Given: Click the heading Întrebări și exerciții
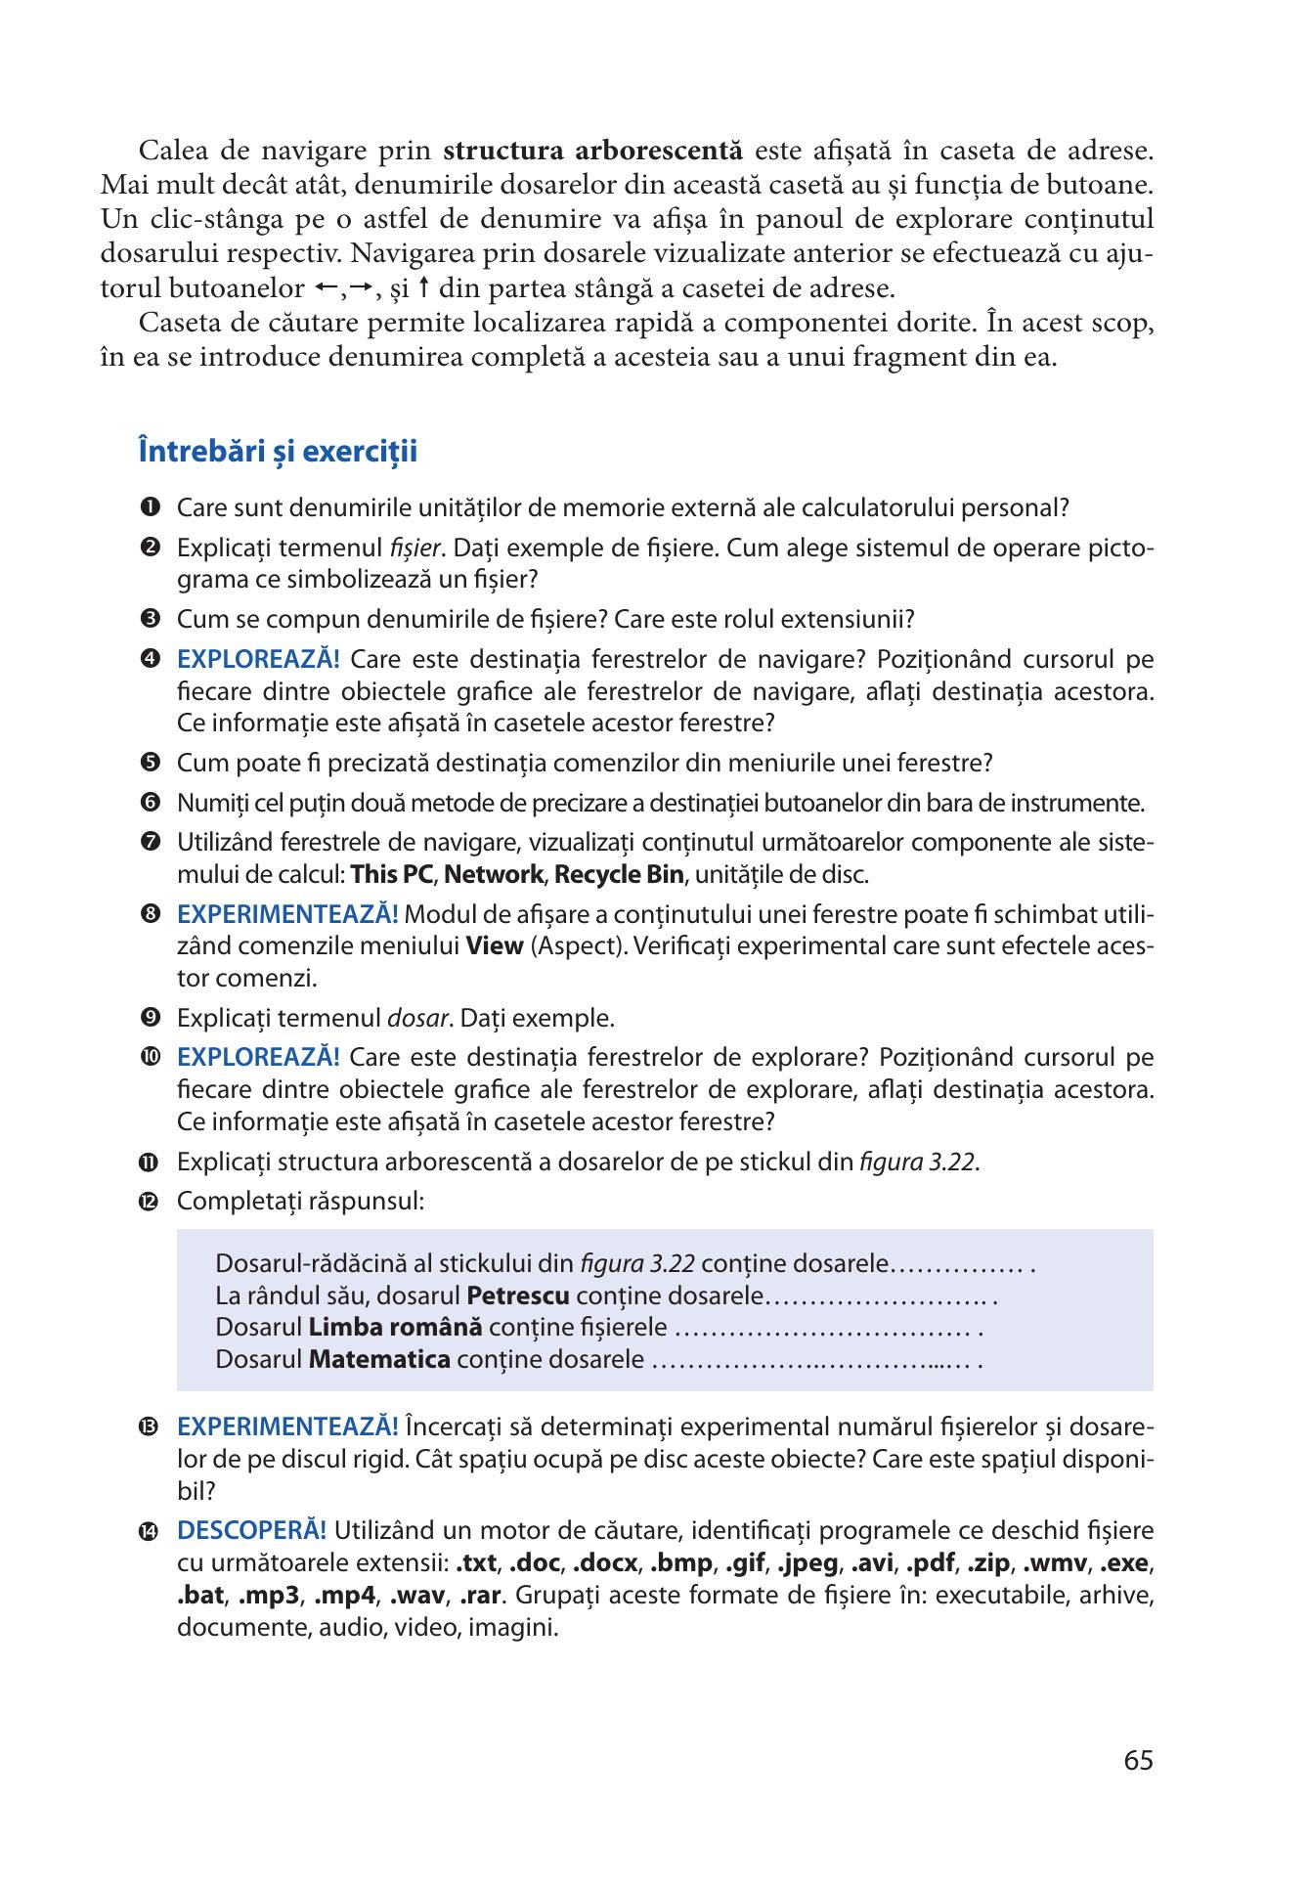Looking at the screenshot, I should pyautogui.click(x=278, y=452).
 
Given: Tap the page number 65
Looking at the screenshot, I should pyautogui.click(x=1138, y=1760).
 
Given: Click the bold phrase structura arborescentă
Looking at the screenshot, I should pyautogui.click(x=593, y=151).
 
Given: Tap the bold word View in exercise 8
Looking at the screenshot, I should pyautogui.click(x=495, y=946).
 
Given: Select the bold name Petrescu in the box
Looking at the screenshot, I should pyautogui.click(x=518, y=1296).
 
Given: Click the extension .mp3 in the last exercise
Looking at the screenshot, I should pyautogui.click(x=268, y=1595).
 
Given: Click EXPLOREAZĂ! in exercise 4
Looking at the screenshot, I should pyautogui.click(x=258, y=659).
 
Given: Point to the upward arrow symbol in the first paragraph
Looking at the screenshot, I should pyautogui.click(x=423, y=288).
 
